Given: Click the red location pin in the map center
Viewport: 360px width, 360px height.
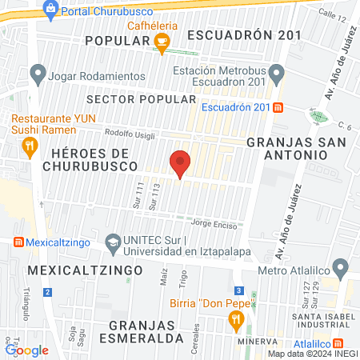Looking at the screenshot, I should point(181,163).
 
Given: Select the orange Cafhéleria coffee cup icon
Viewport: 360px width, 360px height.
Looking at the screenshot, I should point(162,42).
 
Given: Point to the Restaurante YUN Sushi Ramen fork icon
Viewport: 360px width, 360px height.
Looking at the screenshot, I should point(29,145).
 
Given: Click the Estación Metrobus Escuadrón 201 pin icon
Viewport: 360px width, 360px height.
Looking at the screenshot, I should point(276,74).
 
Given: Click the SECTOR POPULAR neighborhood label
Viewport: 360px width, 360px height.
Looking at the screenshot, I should point(140,98).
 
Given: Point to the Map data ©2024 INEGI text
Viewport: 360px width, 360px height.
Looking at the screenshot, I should point(312,354).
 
